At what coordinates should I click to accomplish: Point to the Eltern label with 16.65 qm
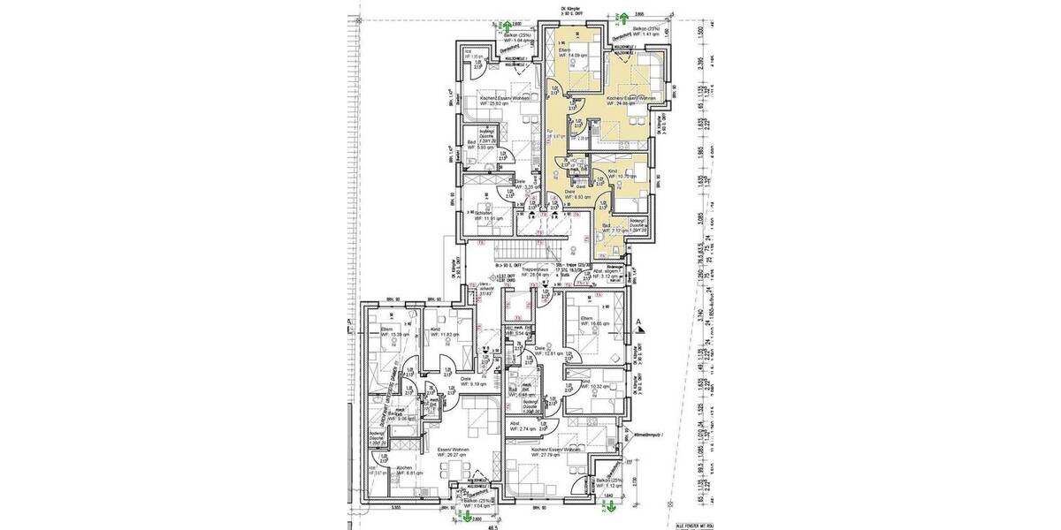point(584,322)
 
